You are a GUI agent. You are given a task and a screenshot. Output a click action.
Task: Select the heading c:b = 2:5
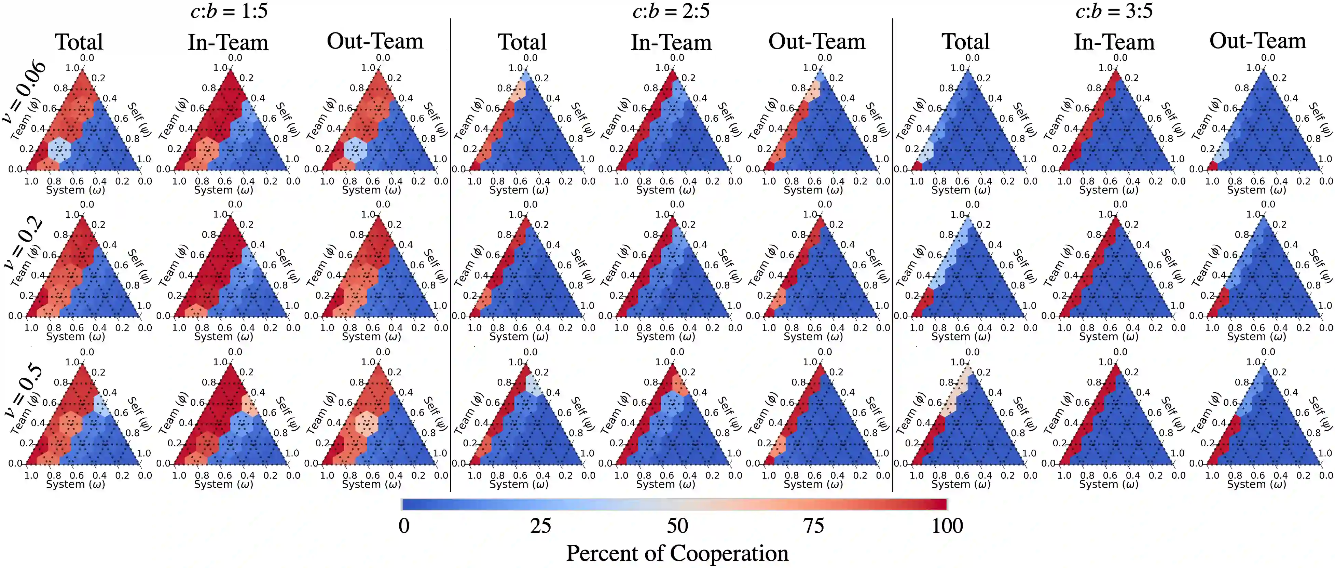(671, 11)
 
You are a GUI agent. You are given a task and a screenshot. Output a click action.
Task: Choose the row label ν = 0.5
(23, 390)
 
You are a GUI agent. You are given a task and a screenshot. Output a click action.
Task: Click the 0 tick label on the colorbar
(404, 526)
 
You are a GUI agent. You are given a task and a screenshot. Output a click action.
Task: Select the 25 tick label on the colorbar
(540, 526)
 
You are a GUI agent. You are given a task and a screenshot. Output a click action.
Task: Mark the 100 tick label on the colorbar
(947, 526)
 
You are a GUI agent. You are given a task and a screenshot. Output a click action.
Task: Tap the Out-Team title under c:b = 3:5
(1258, 41)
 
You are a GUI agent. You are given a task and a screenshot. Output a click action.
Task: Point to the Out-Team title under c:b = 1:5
(375, 41)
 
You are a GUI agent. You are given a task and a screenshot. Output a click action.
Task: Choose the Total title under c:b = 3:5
(965, 41)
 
